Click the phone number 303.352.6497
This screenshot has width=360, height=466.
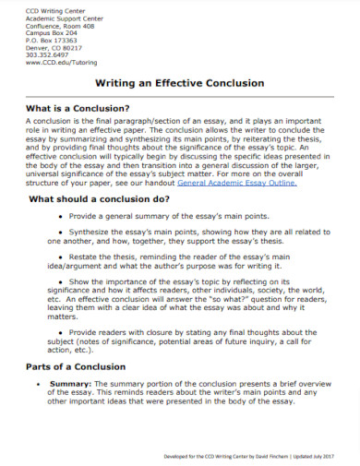pos(43,54)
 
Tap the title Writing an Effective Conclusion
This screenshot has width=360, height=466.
pos(180,83)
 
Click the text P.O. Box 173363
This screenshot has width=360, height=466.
pos(47,40)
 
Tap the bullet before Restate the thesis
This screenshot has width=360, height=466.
pos(61,273)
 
